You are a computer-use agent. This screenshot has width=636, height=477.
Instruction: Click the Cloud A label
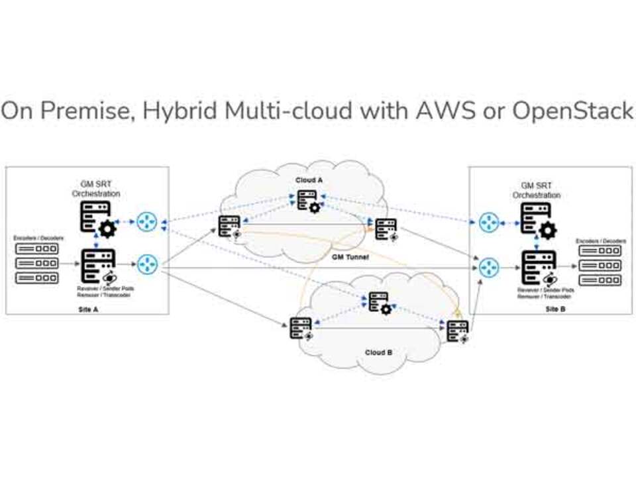[309, 180]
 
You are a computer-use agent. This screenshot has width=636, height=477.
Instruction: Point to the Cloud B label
[379, 352]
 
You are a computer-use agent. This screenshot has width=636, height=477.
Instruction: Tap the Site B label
[551, 309]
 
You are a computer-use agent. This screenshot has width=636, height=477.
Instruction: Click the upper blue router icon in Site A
[146, 222]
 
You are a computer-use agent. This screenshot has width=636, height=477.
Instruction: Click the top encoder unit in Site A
[36, 249]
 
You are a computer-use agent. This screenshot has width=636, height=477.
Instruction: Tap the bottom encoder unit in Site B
[600, 280]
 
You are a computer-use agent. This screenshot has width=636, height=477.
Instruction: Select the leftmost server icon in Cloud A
[230, 226]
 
